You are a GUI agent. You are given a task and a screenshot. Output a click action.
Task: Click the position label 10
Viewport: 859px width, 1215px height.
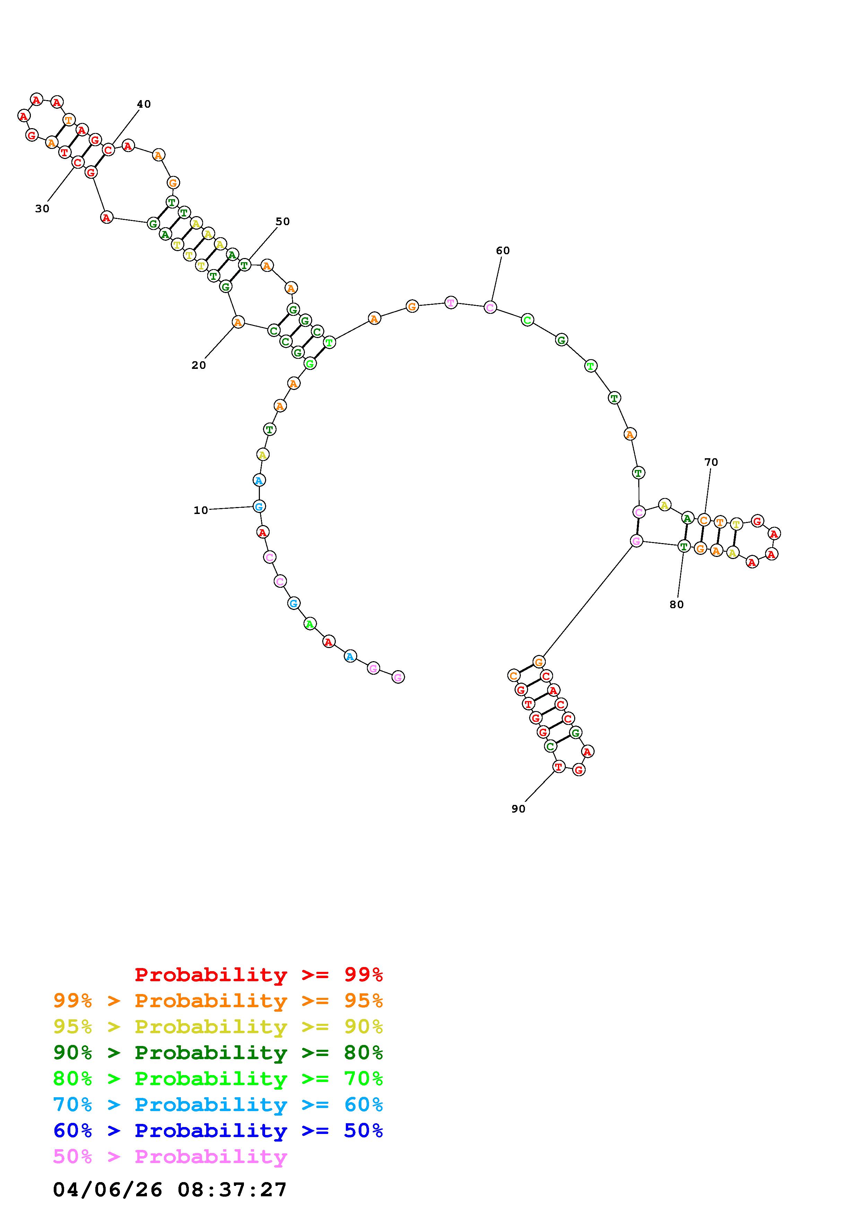click(201, 510)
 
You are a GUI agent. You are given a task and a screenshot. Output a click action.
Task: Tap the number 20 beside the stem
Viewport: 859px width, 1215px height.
click(199, 365)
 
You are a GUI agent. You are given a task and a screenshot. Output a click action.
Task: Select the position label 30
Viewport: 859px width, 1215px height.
click(42, 209)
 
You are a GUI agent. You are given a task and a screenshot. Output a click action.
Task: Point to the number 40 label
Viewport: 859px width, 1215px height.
click(144, 104)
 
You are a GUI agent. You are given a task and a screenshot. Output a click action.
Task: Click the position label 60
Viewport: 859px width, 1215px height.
click(503, 250)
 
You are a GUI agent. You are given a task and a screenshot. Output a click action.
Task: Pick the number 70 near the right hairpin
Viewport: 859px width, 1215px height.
click(711, 462)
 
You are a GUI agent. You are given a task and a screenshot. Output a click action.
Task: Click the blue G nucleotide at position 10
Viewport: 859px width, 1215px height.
click(259, 506)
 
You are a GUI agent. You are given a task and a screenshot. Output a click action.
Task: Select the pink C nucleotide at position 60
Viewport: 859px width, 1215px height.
click(491, 307)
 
